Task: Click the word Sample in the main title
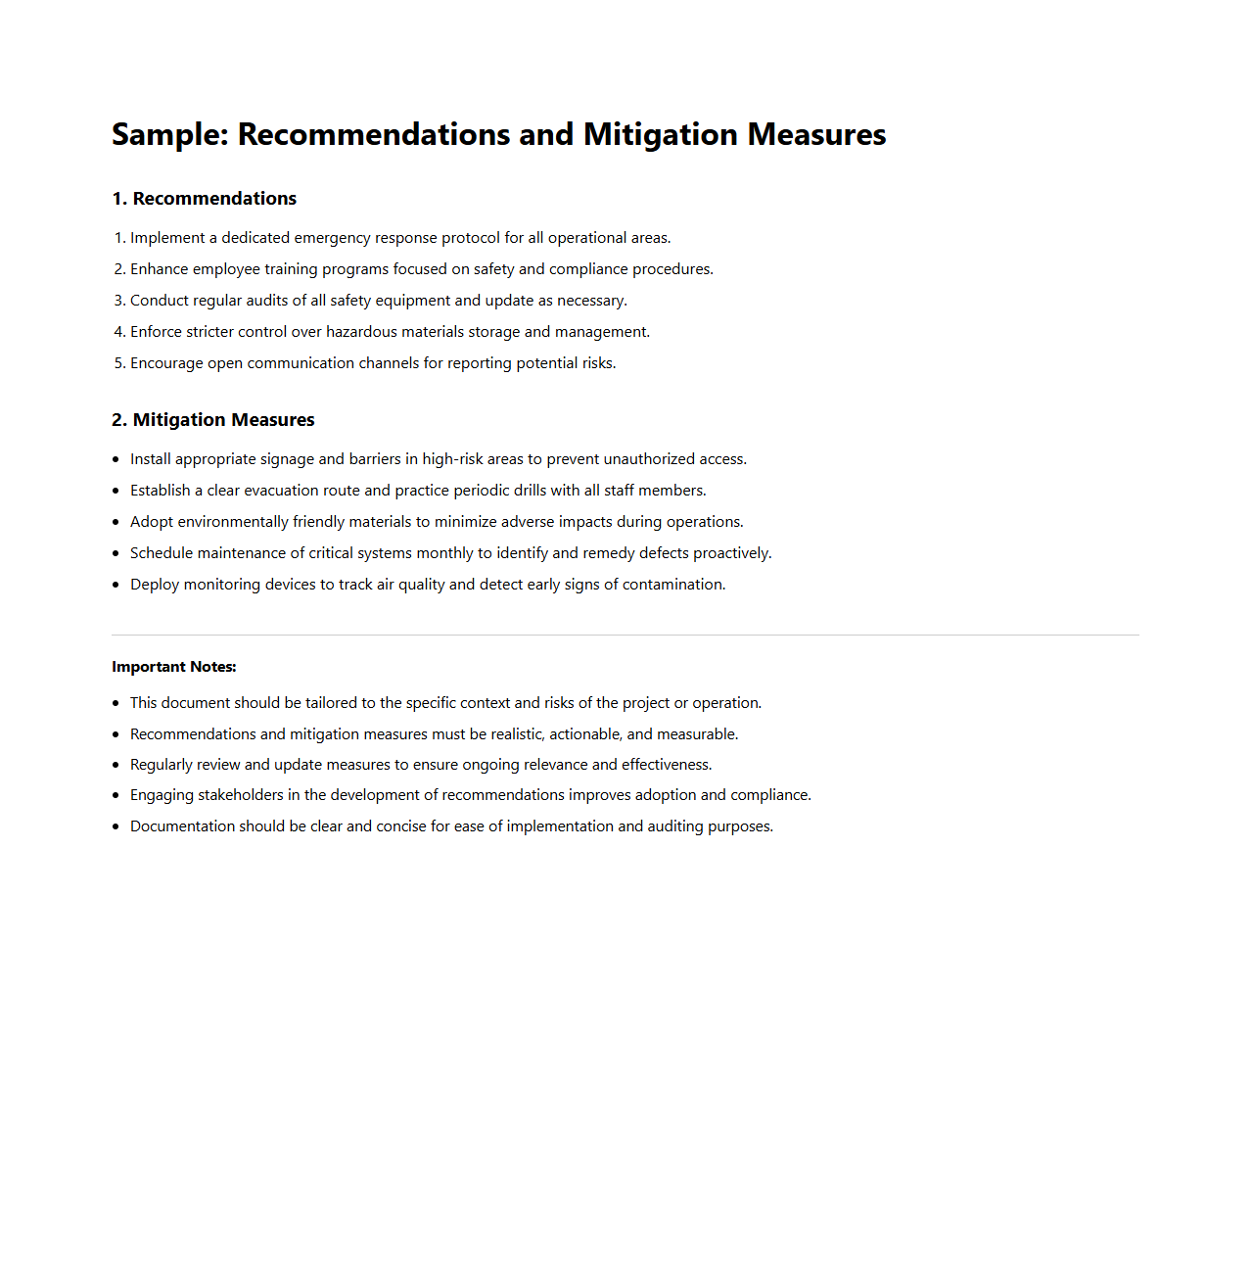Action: (x=168, y=135)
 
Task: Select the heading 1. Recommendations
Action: (x=205, y=199)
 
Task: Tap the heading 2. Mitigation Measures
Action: (x=213, y=420)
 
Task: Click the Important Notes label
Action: (x=174, y=667)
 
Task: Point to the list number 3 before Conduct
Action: (x=119, y=301)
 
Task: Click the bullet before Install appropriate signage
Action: (x=116, y=459)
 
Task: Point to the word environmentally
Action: (x=232, y=522)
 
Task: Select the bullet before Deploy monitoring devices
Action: (x=116, y=585)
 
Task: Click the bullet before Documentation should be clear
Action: (x=116, y=826)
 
